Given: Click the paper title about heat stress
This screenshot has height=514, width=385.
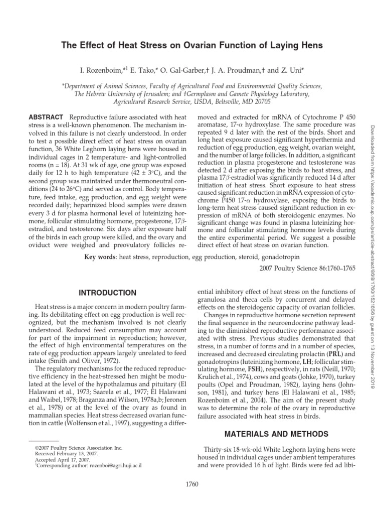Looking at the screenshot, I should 192,46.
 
